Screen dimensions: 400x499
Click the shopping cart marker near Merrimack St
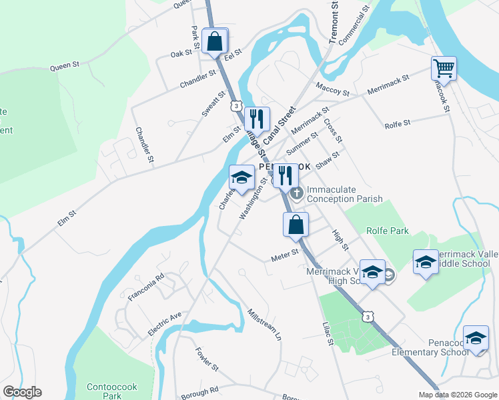[444, 68]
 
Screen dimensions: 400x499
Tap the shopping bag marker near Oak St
[215, 41]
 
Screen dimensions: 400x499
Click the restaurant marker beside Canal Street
[257, 119]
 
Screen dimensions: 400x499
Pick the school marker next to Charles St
[241, 177]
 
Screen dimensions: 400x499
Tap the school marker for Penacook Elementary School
[476, 338]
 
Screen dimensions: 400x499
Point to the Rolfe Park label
[387, 231]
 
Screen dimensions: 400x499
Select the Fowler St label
[207, 359]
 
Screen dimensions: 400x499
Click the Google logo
[22, 392]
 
